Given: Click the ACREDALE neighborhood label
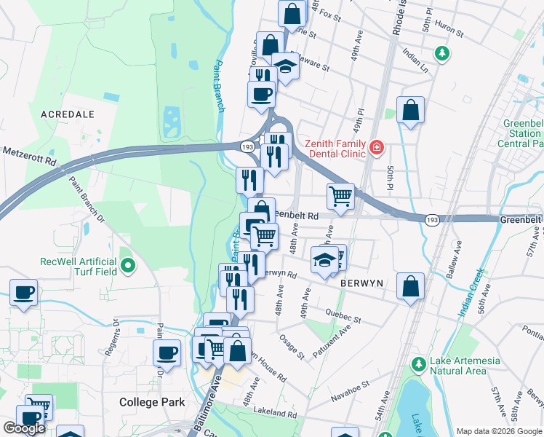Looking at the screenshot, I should [x=68, y=114].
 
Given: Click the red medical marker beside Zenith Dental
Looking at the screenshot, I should [x=377, y=148].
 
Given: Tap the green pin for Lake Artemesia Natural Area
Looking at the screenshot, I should [x=417, y=363].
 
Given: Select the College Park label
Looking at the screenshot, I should [x=153, y=402].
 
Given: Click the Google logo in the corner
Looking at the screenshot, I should [x=24, y=428].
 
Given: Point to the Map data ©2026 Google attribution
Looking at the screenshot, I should [x=499, y=431].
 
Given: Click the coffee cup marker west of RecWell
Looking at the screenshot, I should [x=23, y=292].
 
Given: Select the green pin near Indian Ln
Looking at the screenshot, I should [x=441, y=53].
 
